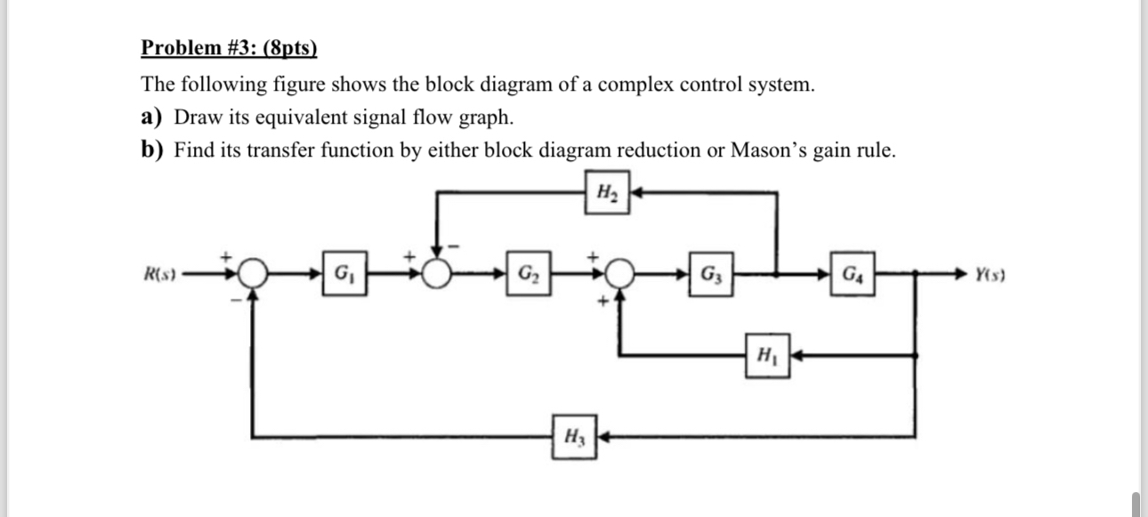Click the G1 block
pyautogui.click(x=342, y=273)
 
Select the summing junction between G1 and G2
pyautogui.click(x=437, y=273)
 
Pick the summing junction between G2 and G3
pyautogui.click(x=623, y=273)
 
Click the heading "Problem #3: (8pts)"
pyautogui.click(x=229, y=47)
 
